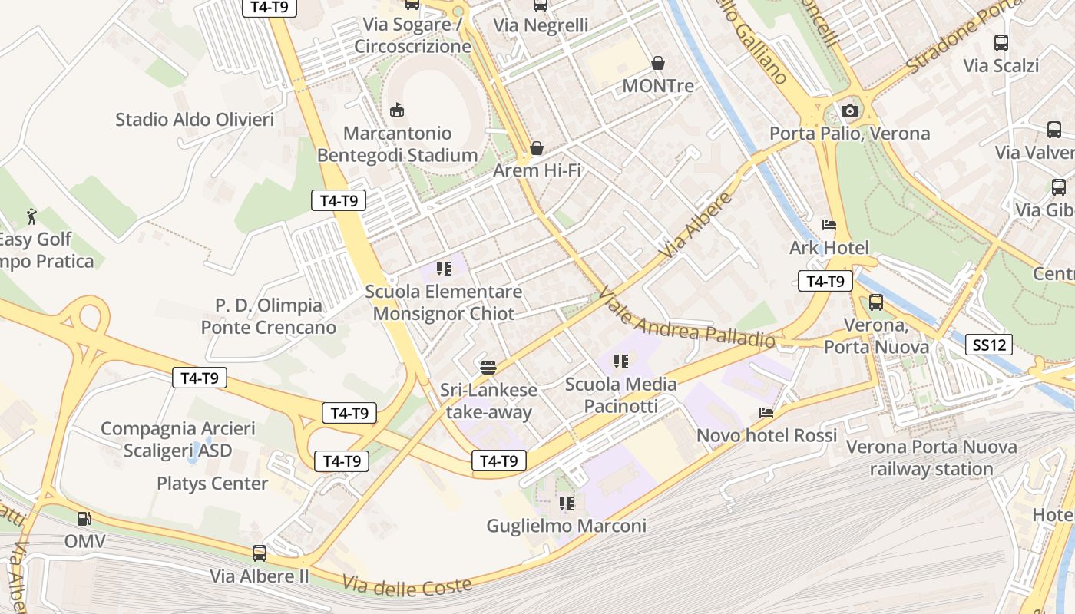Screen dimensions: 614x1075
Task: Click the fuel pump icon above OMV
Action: click(84, 519)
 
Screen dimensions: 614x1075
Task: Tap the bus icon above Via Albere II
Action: click(260, 553)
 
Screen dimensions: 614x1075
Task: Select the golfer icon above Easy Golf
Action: click(31, 216)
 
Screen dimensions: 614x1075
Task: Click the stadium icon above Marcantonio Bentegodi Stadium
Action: click(397, 111)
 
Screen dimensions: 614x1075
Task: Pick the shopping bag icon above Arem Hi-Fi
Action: click(537, 147)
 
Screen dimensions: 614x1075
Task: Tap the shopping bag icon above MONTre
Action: click(658, 63)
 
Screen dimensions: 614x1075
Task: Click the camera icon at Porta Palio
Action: click(849, 111)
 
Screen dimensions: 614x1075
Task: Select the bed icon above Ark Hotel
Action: click(829, 225)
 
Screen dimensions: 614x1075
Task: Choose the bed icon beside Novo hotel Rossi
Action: click(766, 413)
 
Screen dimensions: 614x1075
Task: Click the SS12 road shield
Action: click(989, 345)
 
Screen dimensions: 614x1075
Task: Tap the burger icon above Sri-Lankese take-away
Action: click(488, 367)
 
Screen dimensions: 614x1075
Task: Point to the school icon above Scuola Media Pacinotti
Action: click(621, 361)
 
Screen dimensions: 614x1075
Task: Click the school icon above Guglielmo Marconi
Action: click(567, 503)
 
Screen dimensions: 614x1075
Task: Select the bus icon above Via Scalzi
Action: click(1001, 43)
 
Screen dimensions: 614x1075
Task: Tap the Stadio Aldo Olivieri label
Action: click(194, 119)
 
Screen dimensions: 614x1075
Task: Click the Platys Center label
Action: click(212, 484)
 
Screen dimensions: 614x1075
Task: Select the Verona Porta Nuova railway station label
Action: click(931, 457)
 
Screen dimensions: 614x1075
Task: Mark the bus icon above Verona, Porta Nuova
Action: click(876, 302)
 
